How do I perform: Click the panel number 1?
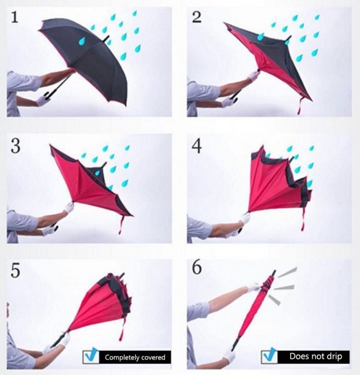click(14, 17)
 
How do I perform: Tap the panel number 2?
click(197, 17)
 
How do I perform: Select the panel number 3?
click(16, 146)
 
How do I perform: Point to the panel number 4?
click(197, 146)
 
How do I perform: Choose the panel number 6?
click(197, 267)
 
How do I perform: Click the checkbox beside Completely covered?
click(91, 356)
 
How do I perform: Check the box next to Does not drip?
click(269, 356)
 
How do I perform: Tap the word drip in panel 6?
click(334, 357)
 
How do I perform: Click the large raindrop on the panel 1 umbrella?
click(82, 41)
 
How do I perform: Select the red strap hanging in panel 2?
click(300, 106)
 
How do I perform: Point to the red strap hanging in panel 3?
click(121, 225)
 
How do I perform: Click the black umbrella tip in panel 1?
click(106, 39)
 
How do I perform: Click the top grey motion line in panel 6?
click(287, 272)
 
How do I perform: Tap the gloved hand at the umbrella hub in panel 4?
click(245, 218)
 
